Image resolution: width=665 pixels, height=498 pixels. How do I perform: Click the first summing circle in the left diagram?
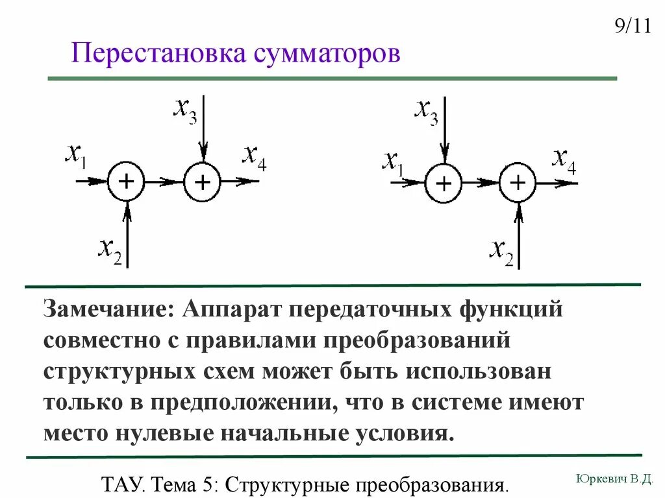pos(127,182)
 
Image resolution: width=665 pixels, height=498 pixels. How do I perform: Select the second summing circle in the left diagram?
pos(203,182)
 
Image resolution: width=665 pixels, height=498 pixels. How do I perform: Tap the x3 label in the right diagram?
pos(426,111)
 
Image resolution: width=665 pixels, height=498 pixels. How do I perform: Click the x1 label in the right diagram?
pos(392,162)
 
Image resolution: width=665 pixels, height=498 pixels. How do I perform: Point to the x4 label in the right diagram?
pos(564,160)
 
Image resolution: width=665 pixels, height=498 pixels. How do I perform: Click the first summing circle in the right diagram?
pos(444,183)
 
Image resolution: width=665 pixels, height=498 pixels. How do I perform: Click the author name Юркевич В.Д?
pos(614,479)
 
